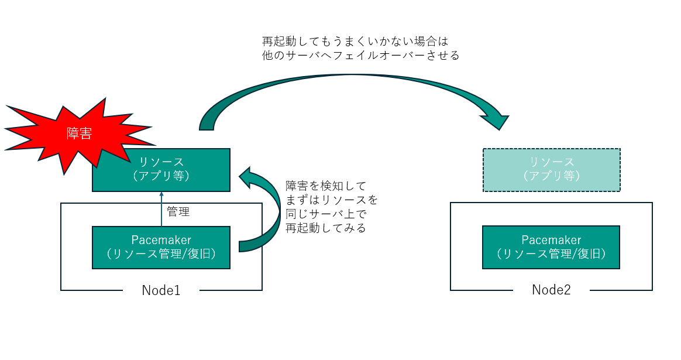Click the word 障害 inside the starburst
coord(79,134)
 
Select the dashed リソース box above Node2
coord(551,170)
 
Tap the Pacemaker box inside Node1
coord(161,247)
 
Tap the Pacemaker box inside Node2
coord(551,247)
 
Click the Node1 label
coord(161,290)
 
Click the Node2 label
coord(551,290)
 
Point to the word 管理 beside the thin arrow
coord(178,212)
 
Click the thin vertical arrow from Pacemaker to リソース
coord(161,209)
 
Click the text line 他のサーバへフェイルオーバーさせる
coord(361,56)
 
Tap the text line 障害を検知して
coord(325,186)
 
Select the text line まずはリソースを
coord(332,200)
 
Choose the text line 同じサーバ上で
coord(325,214)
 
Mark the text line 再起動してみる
coord(325,228)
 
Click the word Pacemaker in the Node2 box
coord(551,240)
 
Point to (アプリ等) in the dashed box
coord(551,176)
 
